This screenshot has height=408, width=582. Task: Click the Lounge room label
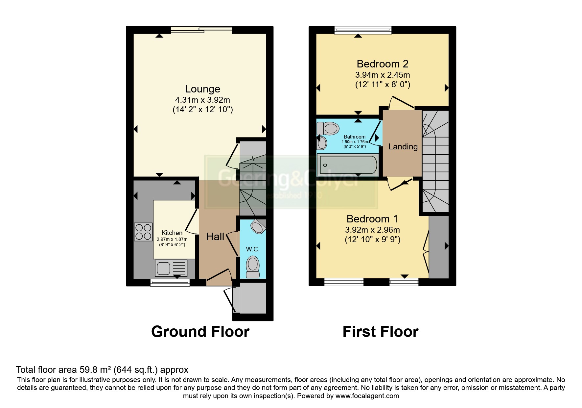click(x=202, y=89)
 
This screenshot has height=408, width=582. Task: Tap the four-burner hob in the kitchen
click(x=143, y=232)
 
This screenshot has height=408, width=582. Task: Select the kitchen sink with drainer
click(x=171, y=268)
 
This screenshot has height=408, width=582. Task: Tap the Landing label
click(x=403, y=147)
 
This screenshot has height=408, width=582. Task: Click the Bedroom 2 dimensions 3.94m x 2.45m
click(x=383, y=75)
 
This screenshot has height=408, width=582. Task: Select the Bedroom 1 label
click(x=372, y=219)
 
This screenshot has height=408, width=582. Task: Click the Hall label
click(x=215, y=237)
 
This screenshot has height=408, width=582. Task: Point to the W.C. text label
click(x=253, y=249)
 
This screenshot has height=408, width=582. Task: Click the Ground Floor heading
click(x=200, y=332)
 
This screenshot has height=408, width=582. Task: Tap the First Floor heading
click(x=380, y=332)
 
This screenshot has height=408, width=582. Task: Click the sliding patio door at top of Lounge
click(x=201, y=30)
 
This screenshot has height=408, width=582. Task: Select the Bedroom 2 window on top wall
click(x=363, y=30)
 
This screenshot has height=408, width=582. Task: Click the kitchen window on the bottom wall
click(x=170, y=282)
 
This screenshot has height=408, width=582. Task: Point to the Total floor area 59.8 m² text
click(x=102, y=370)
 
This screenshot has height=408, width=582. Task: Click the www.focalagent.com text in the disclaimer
click(x=367, y=396)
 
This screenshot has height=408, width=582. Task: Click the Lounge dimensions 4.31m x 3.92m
click(x=202, y=100)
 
